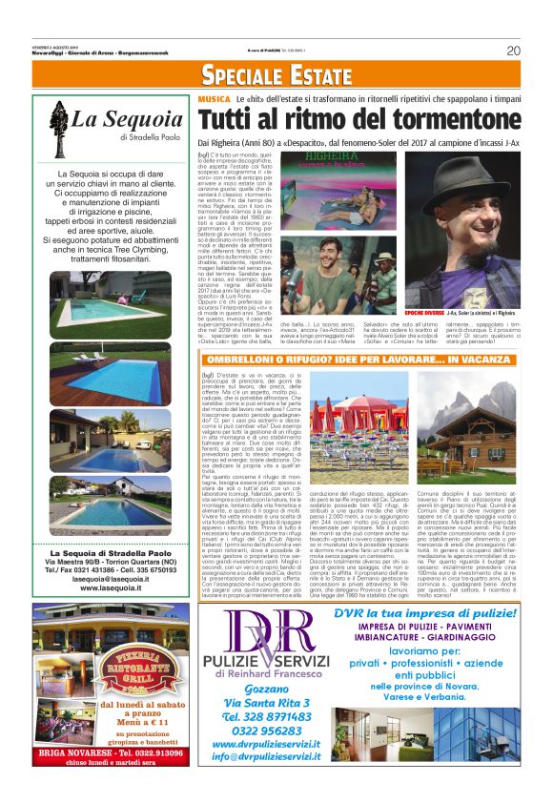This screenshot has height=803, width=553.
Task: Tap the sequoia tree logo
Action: pos(59,125)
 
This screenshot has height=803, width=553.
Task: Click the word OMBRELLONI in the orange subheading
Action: pos(267,357)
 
